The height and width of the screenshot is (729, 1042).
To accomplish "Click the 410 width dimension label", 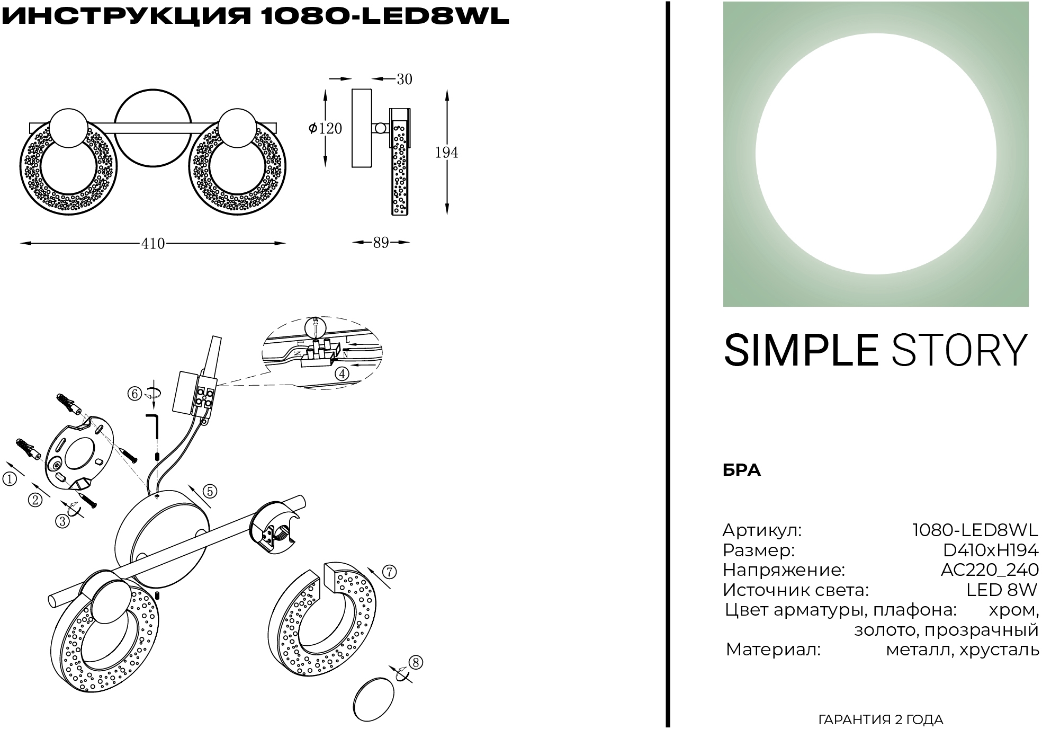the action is point(153,243).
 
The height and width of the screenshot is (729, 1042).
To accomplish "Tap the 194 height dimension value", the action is point(446,153).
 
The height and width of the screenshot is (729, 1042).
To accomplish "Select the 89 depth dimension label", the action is point(381,243).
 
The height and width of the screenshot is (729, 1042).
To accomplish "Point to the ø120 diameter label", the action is point(325,128).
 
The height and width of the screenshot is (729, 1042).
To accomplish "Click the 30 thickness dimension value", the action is point(404,79).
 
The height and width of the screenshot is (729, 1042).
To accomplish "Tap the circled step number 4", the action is point(342,374).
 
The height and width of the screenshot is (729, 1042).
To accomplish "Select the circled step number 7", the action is point(389,572).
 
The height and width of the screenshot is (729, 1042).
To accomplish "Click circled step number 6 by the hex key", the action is point(134,394).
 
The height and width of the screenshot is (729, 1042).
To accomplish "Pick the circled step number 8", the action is point(416,662).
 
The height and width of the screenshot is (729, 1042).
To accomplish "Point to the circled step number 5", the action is point(210,491).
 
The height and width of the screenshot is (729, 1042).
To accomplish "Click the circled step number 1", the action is point(10,479).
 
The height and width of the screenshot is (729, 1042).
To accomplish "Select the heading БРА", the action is point(742,470).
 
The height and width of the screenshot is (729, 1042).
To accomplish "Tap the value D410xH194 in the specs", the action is point(988,550).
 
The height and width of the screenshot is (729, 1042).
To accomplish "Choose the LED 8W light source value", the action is point(1002,590).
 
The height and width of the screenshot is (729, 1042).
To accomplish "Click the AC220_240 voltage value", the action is point(990,570).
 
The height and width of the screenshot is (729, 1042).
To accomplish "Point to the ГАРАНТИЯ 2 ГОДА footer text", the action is point(881,719).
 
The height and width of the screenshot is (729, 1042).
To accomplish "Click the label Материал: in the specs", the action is point(773,650).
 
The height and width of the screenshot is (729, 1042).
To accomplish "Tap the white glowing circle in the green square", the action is point(876,154).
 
